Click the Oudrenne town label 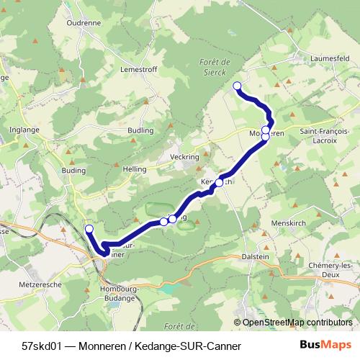(84, 22)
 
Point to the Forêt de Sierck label (211, 68)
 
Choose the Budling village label (140, 130)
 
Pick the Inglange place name (24, 130)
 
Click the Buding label (74, 171)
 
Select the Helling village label (135, 168)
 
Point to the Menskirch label (289, 223)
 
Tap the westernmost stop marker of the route (89, 229)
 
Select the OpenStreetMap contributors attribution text (297, 323)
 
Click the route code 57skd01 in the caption (42, 346)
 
